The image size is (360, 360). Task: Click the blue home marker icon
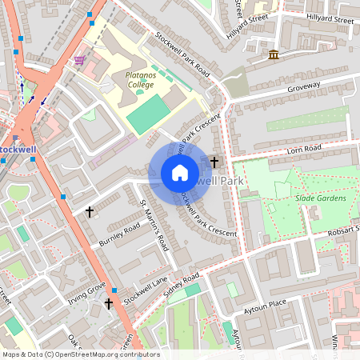tap(180, 173)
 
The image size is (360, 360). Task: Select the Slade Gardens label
tap(320, 198)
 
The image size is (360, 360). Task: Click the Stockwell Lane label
tap(146, 290)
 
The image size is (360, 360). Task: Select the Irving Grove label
tap(87, 289)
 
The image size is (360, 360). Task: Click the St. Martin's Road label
tap(155, 226)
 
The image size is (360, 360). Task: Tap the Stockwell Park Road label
tap(183, 54)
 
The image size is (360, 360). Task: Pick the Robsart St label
tap(342, 231)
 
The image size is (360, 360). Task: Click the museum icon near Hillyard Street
tap(274, 54)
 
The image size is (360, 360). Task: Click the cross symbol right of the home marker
tap(214, 162)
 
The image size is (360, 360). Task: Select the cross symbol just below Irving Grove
tap(109, 303)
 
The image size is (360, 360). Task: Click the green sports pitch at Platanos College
tap(144, 117)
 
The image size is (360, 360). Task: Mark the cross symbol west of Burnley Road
tap(89, 212)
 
